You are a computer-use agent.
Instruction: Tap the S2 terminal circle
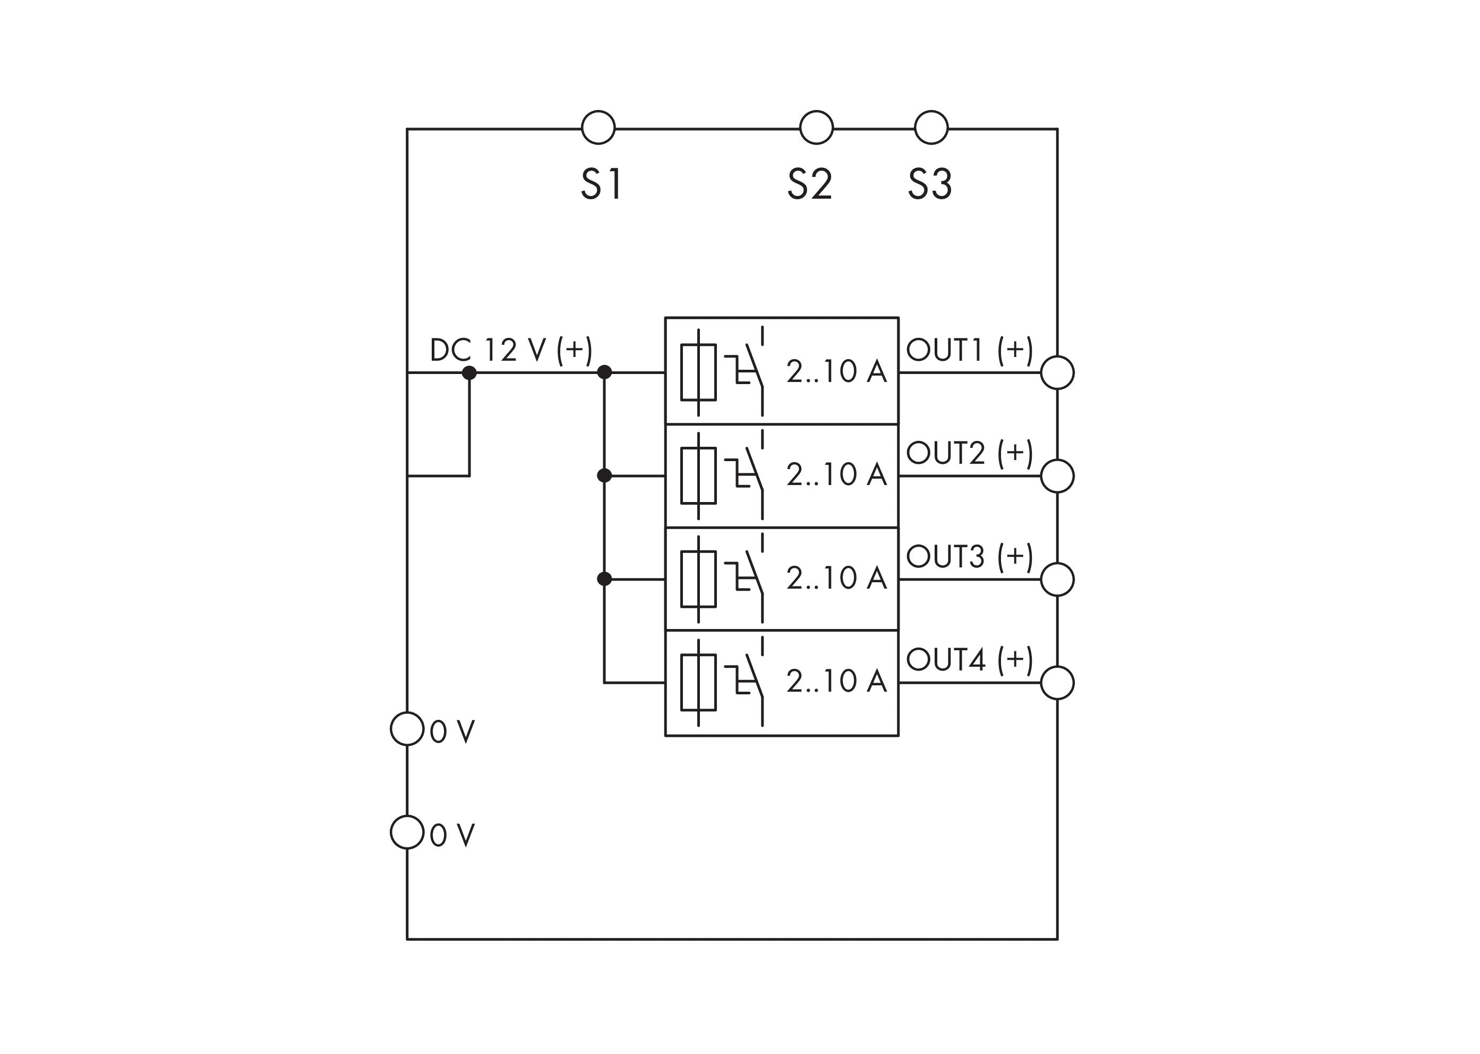coord(816,127)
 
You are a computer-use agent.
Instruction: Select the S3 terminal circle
coord(930,127)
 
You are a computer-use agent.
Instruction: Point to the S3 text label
coord(929,184)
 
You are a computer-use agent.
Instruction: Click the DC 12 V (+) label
coord(511,351)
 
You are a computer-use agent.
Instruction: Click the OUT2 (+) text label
coord(969,453)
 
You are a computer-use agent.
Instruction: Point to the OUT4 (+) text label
coord(969,659)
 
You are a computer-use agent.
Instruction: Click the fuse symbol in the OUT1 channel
coord(698,372)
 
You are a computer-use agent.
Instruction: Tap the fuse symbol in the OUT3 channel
coord(698,579)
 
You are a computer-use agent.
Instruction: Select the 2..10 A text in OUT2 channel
coord(836,474)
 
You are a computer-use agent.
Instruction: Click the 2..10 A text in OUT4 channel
coord(836,681)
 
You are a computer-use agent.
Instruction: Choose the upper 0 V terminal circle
coord(407,729)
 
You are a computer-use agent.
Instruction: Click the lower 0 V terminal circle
coord(407,832)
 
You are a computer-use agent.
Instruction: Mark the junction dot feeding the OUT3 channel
coord(604,579)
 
